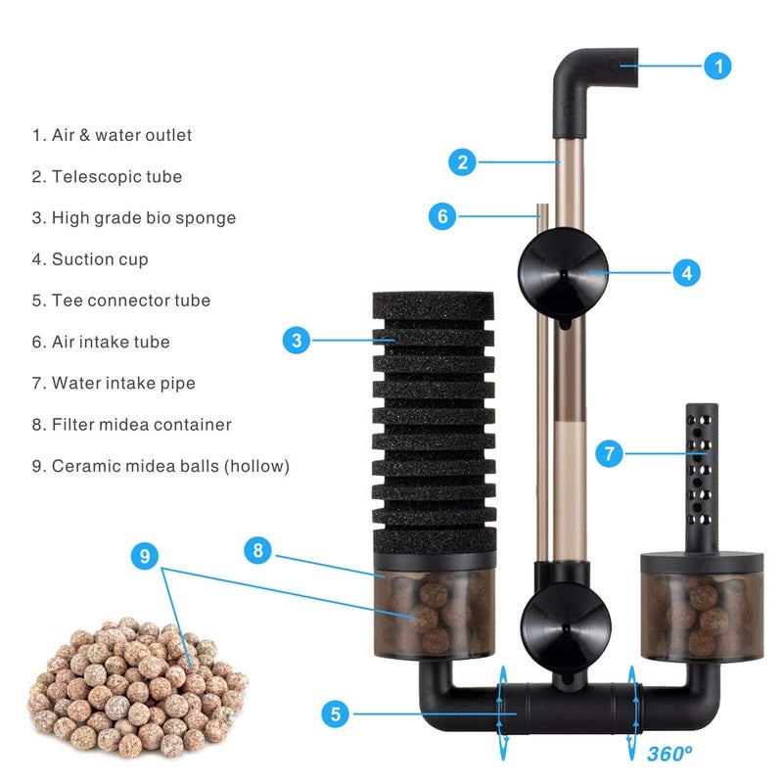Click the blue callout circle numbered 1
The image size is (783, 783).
tap(717, 67)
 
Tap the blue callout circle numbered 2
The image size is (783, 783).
tap(463, 161)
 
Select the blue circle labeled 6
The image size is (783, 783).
tap(442, 216)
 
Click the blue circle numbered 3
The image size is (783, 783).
tap(298, 341)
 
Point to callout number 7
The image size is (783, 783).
tap(610, 453)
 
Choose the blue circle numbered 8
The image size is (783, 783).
tap(258, 551)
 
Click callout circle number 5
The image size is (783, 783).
tap(337, 714)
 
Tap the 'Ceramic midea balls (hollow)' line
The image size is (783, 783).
tap(161, 466)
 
